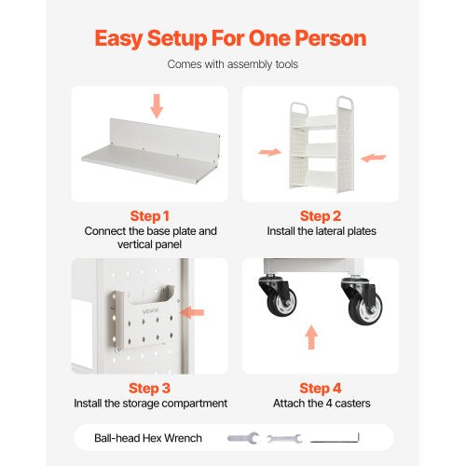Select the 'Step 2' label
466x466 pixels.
tap(321, 214)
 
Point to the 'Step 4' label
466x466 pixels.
tap(321, 387)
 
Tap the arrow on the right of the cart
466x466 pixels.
tap(373, 158)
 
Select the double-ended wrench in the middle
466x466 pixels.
tap(283, 437)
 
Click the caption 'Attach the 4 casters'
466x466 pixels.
tap(321, 404)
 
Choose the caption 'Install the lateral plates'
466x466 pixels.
tap(321, 231)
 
